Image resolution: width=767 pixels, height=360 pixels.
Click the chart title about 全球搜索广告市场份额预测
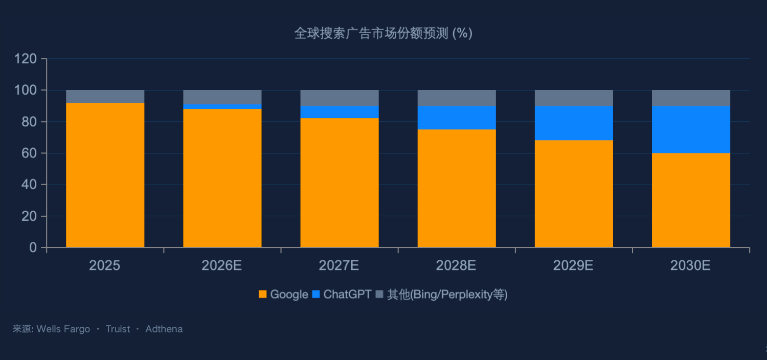383,34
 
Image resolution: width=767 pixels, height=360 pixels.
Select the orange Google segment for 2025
105,175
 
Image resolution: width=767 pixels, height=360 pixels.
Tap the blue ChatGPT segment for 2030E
691,129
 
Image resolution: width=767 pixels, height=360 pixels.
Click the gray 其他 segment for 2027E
340,98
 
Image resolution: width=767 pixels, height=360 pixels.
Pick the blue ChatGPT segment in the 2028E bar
457,118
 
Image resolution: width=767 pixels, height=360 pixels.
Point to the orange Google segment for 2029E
574,193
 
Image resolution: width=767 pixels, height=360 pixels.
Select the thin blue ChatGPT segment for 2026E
222,106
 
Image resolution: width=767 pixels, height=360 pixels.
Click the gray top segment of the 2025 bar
105,97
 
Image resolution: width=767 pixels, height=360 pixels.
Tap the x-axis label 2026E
222,266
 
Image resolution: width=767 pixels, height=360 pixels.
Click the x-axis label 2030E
690,266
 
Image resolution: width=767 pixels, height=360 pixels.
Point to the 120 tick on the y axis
26,59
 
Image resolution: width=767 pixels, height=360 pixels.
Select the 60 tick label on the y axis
30,153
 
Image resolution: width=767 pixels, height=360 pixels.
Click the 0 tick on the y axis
34,248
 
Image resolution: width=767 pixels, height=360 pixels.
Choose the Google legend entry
283,295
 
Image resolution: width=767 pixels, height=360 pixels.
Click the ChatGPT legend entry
342,295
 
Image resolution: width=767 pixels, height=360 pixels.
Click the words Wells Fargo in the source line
63,329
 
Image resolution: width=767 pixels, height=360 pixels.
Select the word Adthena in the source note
164,329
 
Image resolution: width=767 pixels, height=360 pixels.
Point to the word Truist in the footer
118,329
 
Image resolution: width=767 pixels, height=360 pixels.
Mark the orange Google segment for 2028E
457,188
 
